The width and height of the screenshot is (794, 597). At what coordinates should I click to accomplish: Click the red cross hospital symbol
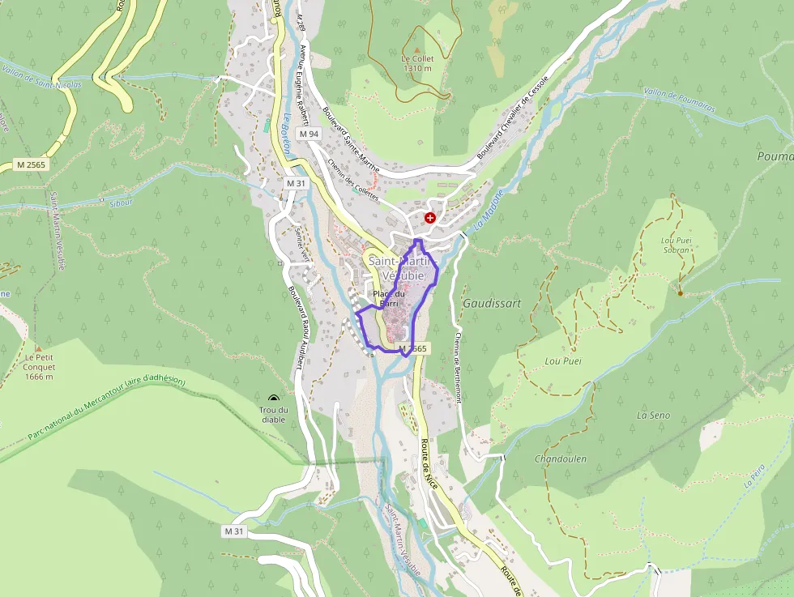tap(429, 218)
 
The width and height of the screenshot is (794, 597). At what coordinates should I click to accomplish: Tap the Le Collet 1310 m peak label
tap(417, 63)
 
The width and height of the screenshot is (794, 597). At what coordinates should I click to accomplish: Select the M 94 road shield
tap(309, 133)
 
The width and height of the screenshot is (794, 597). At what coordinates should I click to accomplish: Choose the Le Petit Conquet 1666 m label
tap(38, 366)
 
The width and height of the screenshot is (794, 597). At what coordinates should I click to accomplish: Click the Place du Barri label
tap(389, 297)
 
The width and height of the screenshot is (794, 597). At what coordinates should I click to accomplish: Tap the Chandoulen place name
tap(561, 458)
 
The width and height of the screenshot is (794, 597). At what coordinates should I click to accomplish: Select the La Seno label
tap(653, 415)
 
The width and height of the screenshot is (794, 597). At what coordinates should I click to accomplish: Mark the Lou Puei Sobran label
tap(676, 245)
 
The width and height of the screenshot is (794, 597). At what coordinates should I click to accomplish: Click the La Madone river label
tap(489, 209)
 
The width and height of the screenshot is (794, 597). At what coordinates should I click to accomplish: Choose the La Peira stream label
tap(753, 475)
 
